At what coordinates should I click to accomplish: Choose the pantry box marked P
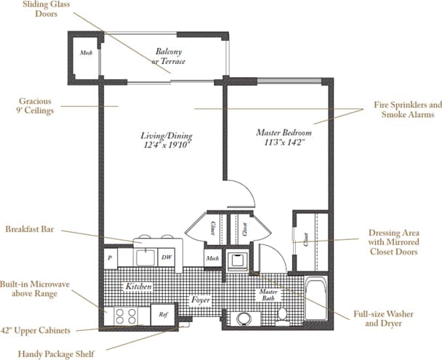[x=109, y=257]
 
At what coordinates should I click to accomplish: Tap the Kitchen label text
[x=138, y=287]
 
